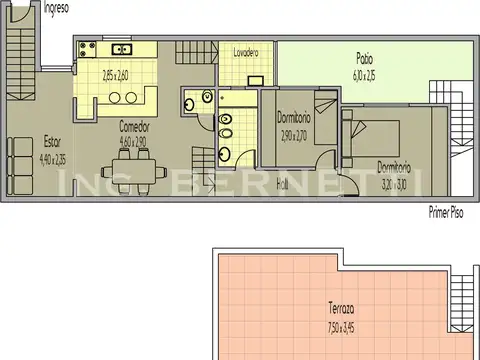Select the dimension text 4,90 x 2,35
(53, 156)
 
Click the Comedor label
(134, 127)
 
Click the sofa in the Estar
(19, 166)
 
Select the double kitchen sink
(121, 48)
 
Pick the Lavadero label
(246, 51)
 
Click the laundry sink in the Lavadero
(256, 77)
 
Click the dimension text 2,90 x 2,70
(294, 135)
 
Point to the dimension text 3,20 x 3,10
(397, 181)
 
